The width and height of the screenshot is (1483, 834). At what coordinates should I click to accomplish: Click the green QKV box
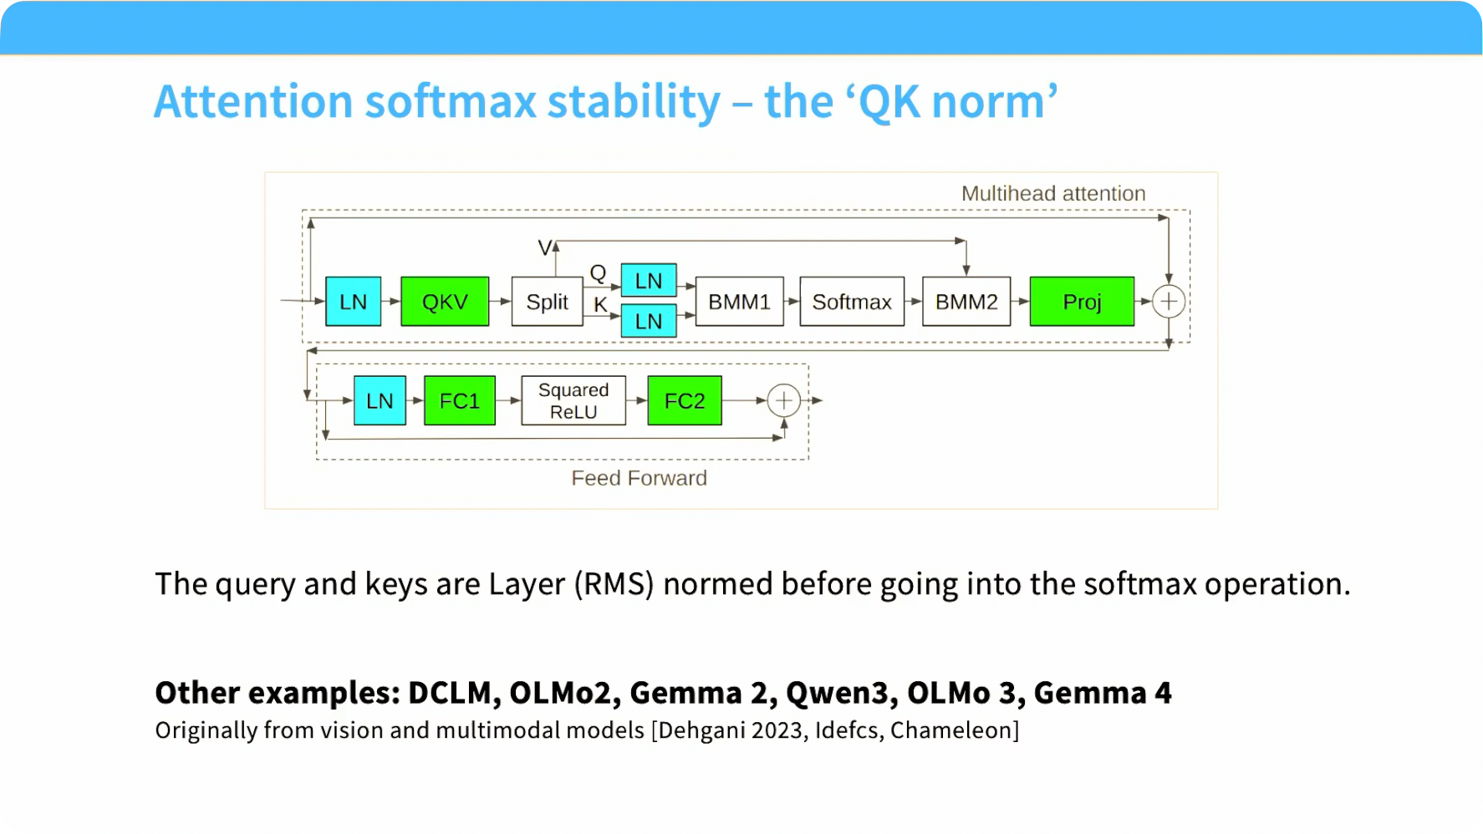[445, 302]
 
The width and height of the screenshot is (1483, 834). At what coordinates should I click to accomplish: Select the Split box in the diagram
[547, 302]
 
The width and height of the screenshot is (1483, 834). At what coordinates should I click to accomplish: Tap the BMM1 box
[739, 302]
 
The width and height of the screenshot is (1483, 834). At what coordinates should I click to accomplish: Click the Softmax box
[852, 302]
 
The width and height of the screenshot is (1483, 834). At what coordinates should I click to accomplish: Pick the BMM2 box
[966, 302]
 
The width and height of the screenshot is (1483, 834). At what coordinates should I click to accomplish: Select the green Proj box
[1082, 302]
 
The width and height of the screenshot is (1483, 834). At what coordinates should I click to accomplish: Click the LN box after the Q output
[649, 281]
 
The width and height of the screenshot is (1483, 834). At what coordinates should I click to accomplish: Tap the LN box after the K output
[649, 321]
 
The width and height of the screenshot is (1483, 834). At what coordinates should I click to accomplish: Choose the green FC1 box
[460, 401]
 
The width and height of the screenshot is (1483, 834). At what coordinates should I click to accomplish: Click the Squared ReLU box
[573, 401]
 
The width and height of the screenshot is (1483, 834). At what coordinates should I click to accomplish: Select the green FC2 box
[685, 401]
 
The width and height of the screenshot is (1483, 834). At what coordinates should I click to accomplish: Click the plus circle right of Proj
[1169, 302]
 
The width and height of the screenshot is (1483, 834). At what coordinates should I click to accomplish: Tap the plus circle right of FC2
[783, 401]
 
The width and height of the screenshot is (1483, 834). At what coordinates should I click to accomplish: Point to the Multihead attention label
[1053, 194]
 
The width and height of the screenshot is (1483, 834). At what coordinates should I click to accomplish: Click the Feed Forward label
[639, 478]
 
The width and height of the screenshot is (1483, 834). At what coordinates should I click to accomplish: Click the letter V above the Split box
[544, 247]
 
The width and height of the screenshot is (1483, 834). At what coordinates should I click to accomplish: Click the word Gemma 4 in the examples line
[1103, 693]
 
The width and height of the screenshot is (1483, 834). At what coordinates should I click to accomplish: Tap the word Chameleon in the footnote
[951, 730]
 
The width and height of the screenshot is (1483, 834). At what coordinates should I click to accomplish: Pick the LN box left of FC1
[380, 401]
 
